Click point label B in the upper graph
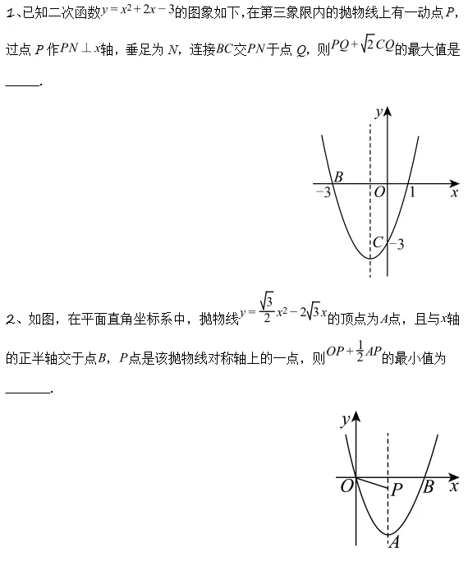(338, 177)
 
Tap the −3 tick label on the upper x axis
(323, 194)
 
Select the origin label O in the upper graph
(379, 193)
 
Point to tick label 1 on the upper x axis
(412, 193)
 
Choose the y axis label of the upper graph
(377, 113)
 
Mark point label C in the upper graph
(378, 242)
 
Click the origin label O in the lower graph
(346, 486)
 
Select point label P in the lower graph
(397, 490)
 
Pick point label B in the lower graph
(428, 487)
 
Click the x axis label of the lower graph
(453, 486)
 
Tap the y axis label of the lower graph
(343, 421)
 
